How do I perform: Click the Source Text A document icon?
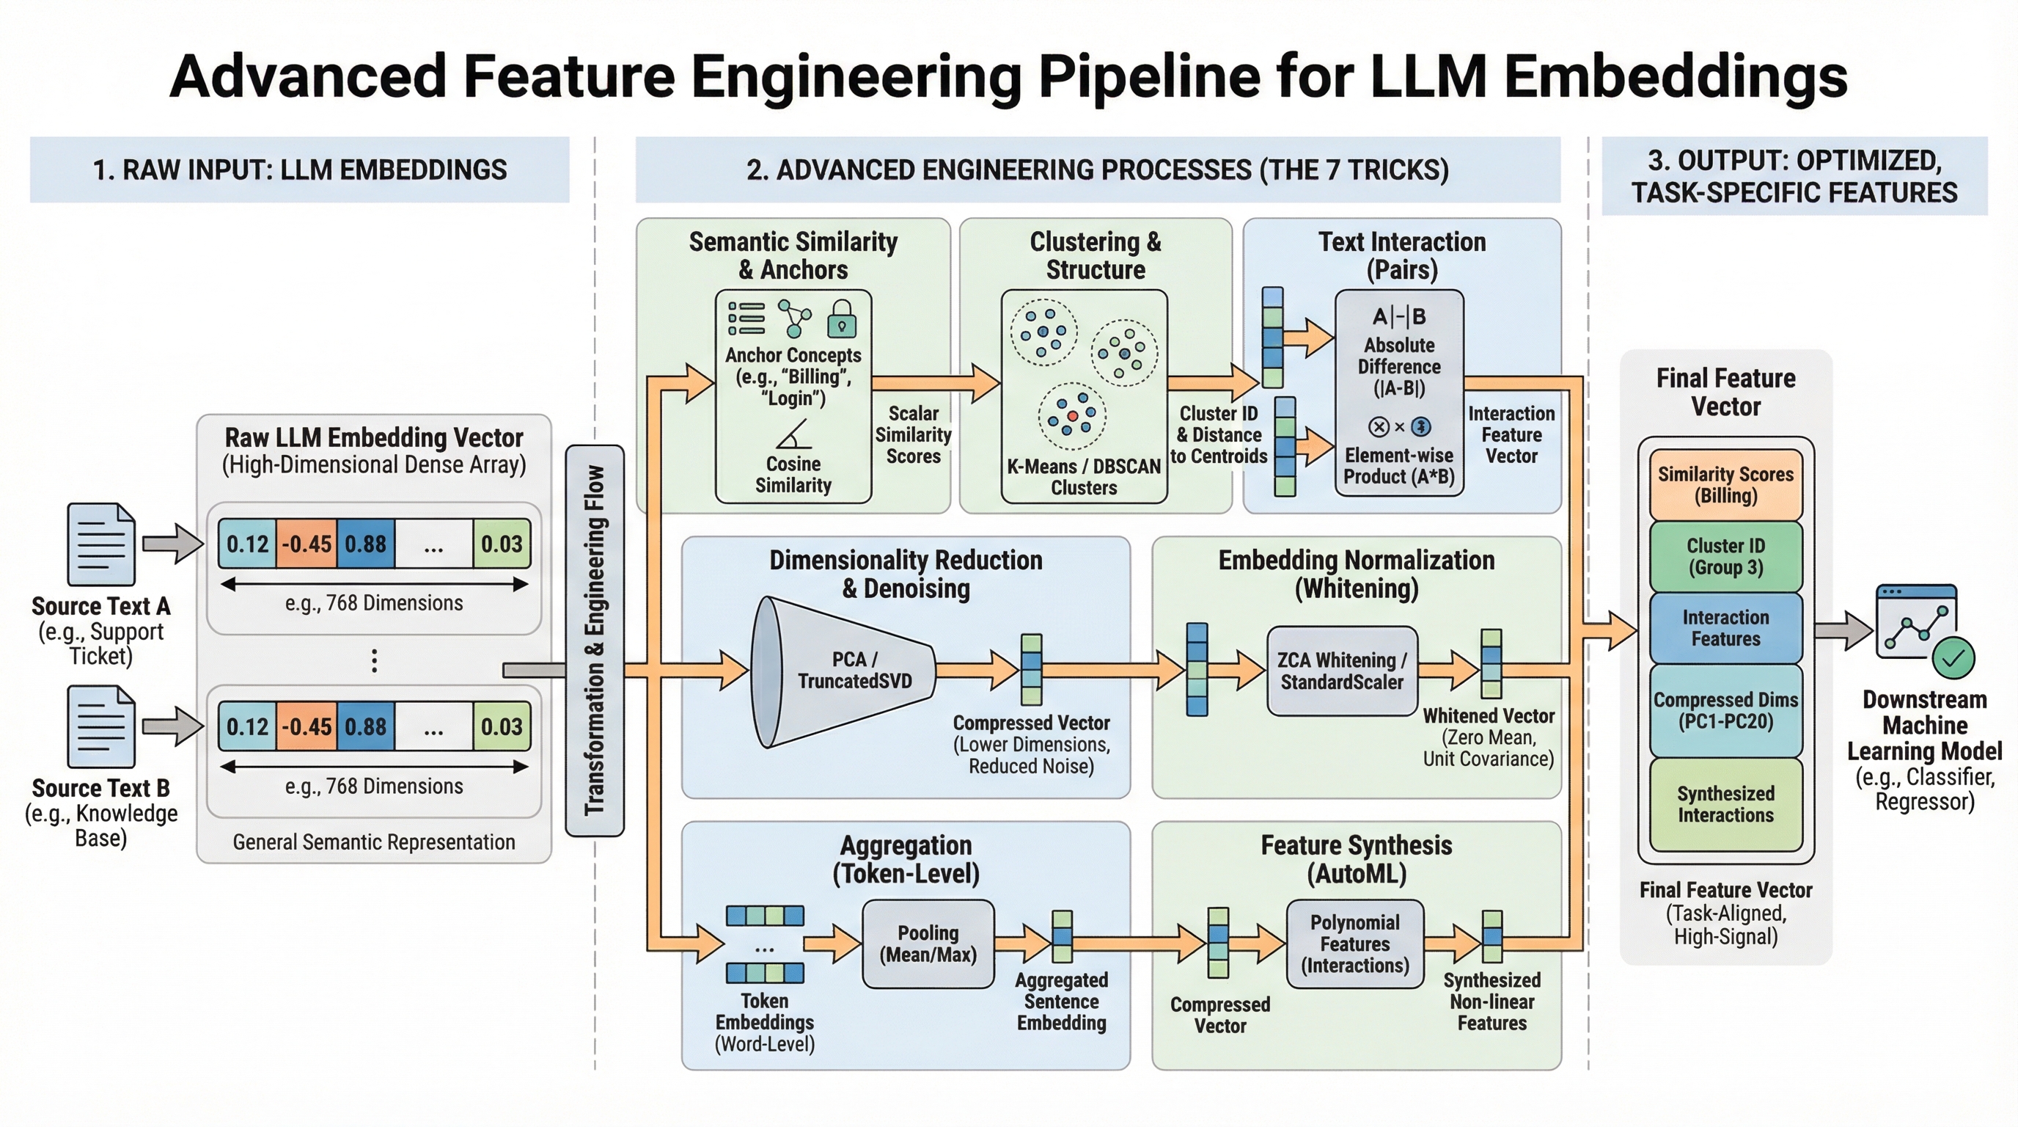(x=101, y=544)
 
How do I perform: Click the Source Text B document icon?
(x=101, y=726)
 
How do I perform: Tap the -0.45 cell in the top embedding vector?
(x=307, y=544)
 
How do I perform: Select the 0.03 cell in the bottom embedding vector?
(x=502, y=726)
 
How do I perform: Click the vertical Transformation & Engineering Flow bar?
(x=595, y=641)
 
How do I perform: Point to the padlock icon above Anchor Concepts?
(x=841, y=318)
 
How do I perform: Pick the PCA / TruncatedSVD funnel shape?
(x=842, y=671)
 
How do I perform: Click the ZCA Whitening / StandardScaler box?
(x=1341, y=671)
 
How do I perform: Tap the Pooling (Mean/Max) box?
(x=928, y=944)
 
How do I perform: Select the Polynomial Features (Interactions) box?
(x=1354, y=944)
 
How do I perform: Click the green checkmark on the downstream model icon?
(x=1953, y=658)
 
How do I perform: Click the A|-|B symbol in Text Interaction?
(x=1399, y=317)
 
